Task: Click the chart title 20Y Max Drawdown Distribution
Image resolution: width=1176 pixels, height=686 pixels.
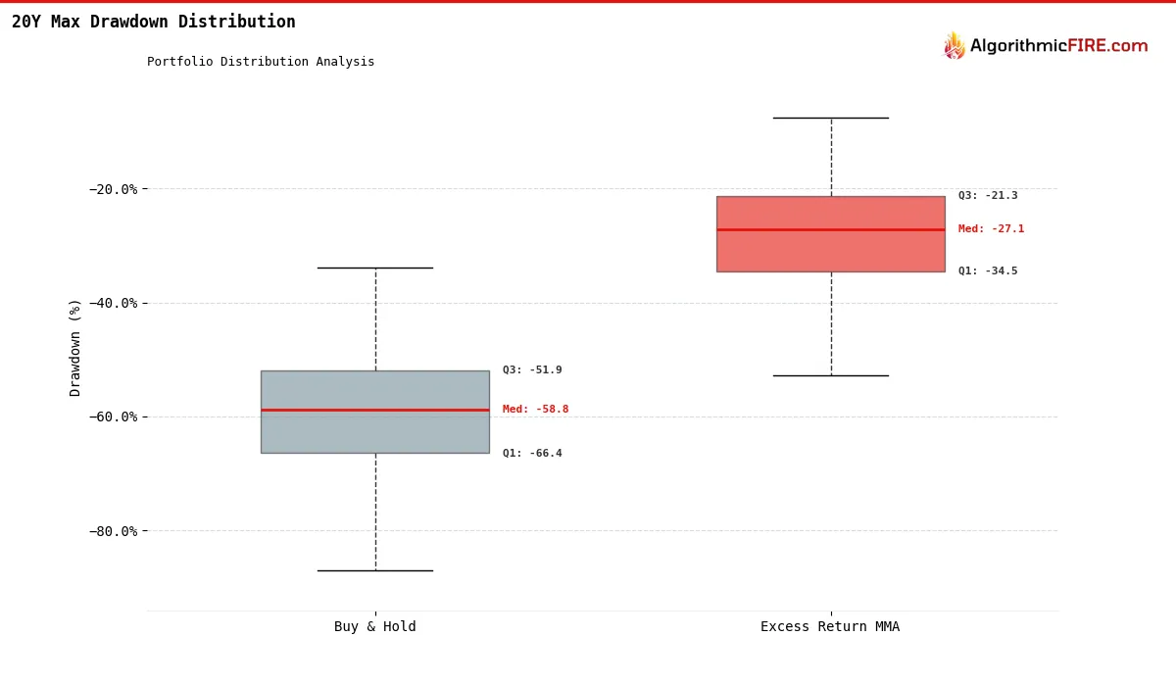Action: [x=153, y=22]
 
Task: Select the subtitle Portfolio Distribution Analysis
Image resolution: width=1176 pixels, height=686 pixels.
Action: [x=261, y=62]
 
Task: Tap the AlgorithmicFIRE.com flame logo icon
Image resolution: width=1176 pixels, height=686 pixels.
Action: [x=954, y=46]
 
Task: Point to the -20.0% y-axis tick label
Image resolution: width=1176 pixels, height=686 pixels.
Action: [x=115, y=189]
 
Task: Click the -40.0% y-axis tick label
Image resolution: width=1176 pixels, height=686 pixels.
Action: [x=115, y=303]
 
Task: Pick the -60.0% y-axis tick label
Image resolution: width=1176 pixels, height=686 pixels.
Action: [x=115, y=416]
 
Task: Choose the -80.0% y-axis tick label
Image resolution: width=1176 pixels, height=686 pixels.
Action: [x=115, y=531]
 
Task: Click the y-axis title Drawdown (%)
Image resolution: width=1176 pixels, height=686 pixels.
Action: [x=75, y=348]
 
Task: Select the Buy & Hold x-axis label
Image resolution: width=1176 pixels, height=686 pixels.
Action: [x=374, y=627]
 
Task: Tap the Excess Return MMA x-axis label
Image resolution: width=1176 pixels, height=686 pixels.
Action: [x=830, y=627]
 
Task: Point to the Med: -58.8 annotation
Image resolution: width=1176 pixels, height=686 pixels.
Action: [x=535, y=410]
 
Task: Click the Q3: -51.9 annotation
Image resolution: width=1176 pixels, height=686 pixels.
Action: [x=532, y=370]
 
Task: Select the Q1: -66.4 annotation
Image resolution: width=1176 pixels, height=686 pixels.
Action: [x=532, y=454]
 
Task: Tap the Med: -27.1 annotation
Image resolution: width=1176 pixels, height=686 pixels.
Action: [x=991, y=229]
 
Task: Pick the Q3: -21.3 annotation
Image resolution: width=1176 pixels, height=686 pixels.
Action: [x=988, y=196]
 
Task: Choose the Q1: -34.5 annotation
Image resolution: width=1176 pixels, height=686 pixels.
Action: [x=988, y=271]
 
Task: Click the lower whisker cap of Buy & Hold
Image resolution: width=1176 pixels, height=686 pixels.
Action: [x=374, y=570]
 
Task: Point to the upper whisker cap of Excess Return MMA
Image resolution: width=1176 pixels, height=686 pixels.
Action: [x=830, y=118]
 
